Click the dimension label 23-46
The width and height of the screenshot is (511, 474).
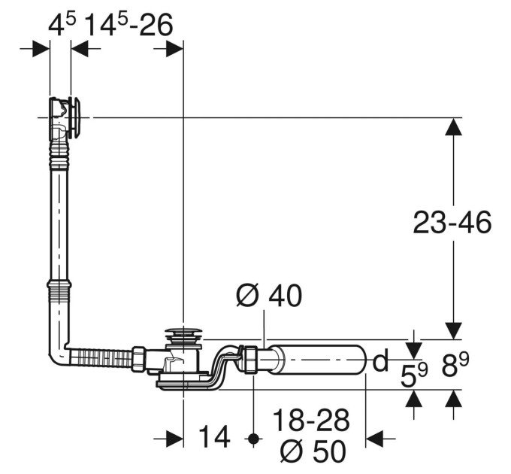pos(452,223)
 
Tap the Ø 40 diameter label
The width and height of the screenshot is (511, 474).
pos(269,296)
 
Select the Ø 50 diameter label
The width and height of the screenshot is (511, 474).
pos(313,451)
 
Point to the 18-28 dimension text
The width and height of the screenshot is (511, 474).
pos(311,421)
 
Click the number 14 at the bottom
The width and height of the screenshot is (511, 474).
pos(214,437)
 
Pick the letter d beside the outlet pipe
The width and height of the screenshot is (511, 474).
pos(380,360)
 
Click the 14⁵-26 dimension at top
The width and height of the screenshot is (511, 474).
pos(129,25)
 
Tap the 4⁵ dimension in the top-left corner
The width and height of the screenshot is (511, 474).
pos(62,25)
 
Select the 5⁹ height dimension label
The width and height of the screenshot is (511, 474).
pos(413,375)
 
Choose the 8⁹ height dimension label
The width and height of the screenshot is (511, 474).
pos(455,365)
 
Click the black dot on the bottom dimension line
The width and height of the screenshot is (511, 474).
pos(253,439)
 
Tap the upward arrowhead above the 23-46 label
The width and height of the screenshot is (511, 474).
pos(454,126)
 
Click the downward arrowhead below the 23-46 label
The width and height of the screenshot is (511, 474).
pos(454,331)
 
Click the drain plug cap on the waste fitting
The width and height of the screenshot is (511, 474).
pos(185,333)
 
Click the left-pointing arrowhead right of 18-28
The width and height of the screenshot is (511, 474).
pos(375,439)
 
